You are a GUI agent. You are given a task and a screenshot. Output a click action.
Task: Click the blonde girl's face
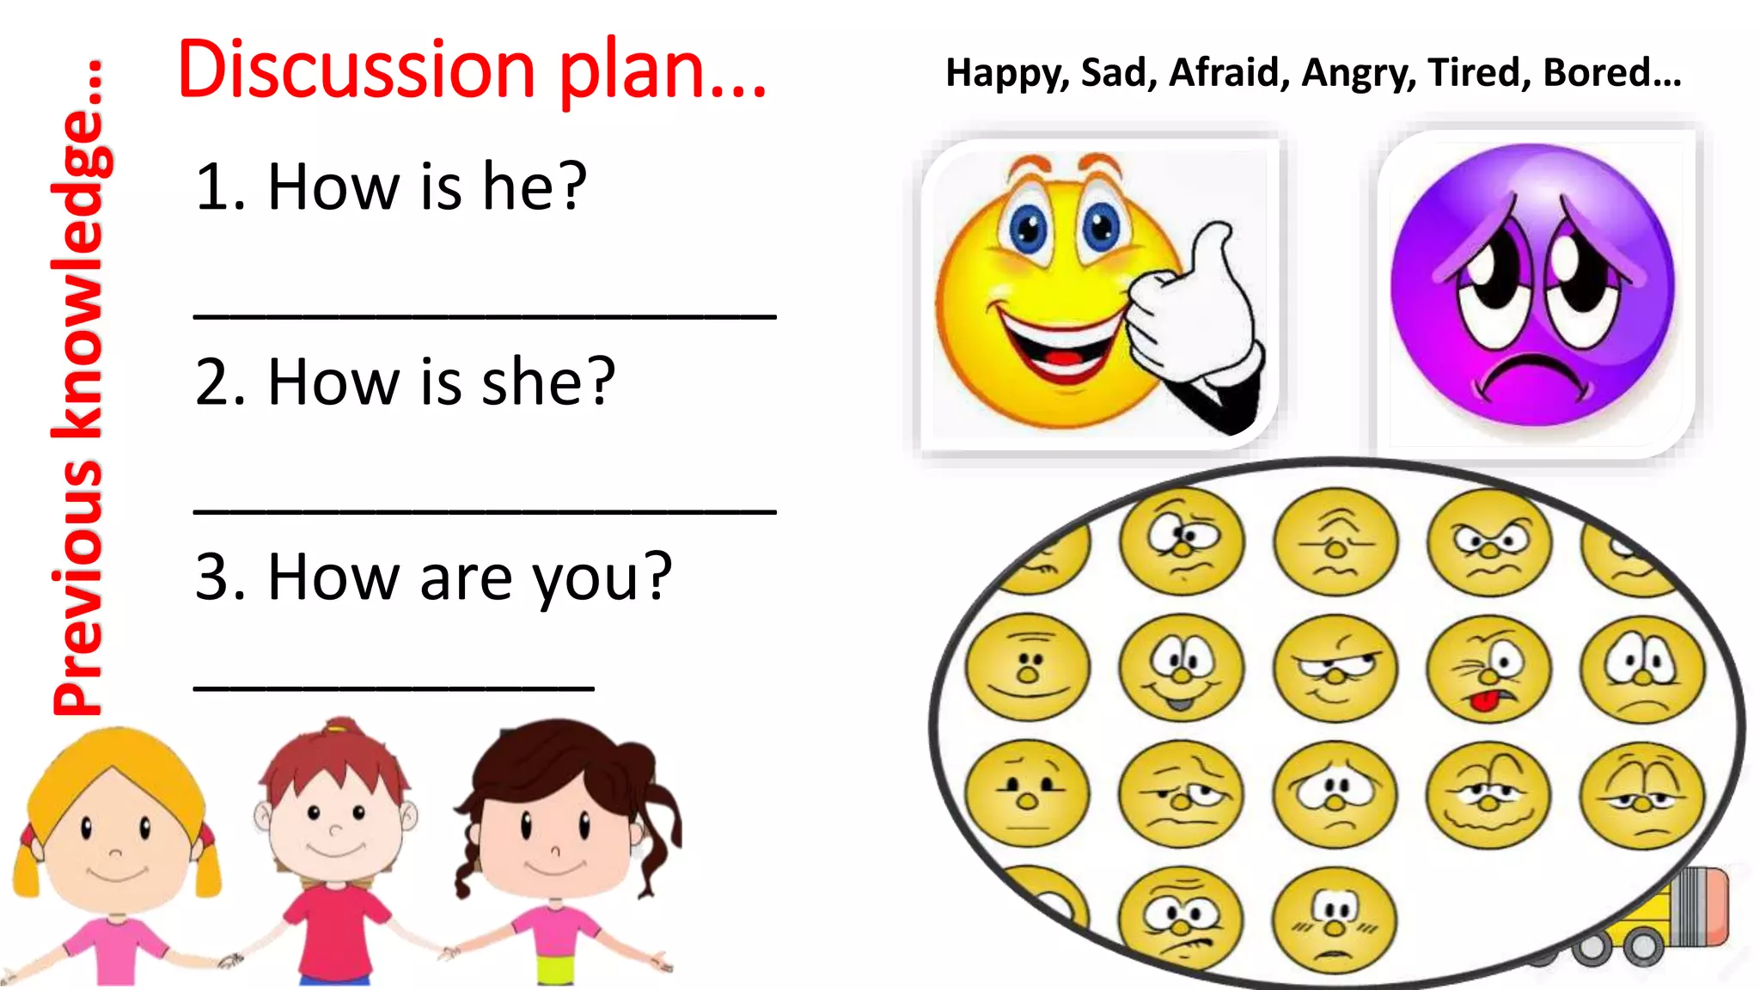(116, 838)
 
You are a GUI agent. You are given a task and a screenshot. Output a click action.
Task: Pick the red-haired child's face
(335, 825)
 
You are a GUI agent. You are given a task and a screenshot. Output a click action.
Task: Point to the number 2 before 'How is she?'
(211, 382)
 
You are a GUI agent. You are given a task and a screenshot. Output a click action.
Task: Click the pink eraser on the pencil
(1710, 907)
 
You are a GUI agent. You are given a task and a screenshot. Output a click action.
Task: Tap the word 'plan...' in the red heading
(662, 70)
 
